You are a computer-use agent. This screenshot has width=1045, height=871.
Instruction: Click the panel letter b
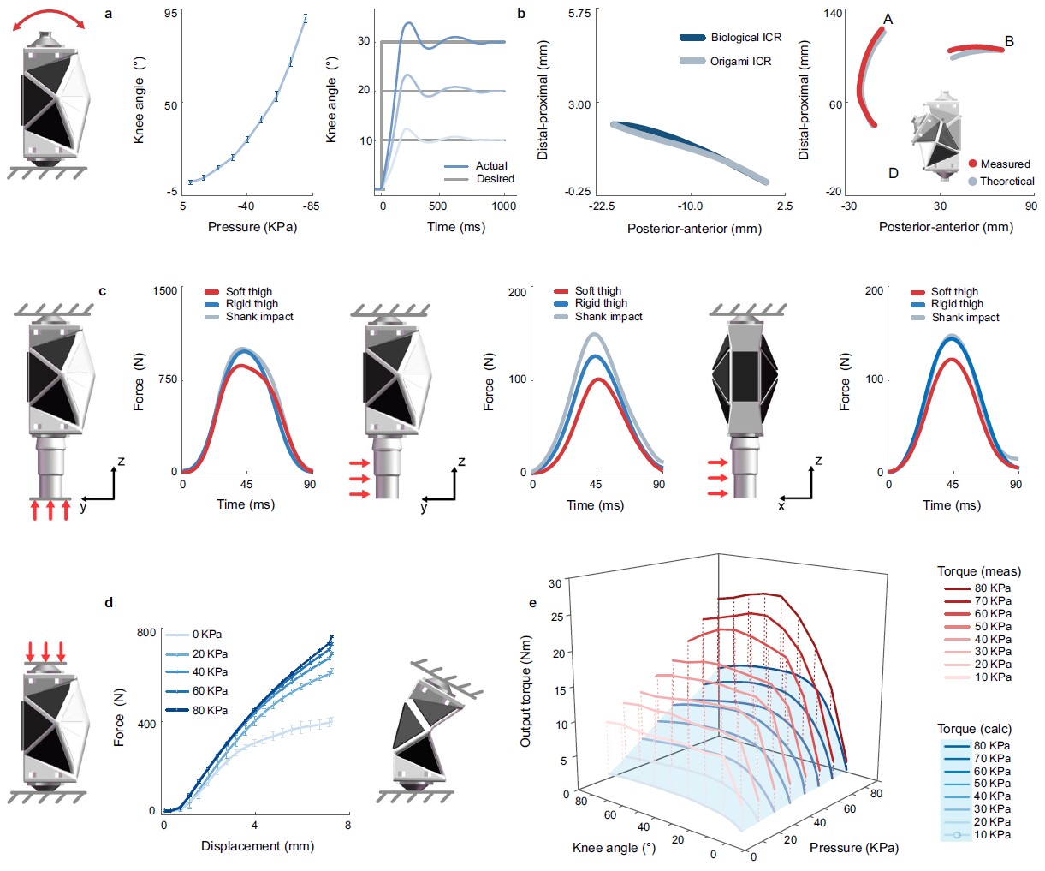point(521,14)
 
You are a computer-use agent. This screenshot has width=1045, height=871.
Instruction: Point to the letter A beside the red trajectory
point(888,19)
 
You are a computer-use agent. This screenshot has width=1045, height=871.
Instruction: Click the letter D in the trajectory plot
point(893,173)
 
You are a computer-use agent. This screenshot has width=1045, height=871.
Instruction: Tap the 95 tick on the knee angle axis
point(171,15)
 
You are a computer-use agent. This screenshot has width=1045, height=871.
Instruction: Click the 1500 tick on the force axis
point(164,290)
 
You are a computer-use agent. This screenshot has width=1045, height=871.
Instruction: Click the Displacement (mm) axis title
point(258,846)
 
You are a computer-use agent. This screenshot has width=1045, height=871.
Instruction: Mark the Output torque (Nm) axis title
point(526,690)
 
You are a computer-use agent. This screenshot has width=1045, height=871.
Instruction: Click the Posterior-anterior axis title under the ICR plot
point(694,229)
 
